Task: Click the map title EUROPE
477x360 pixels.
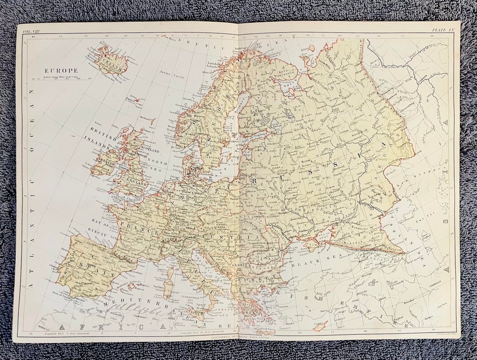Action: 61,71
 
